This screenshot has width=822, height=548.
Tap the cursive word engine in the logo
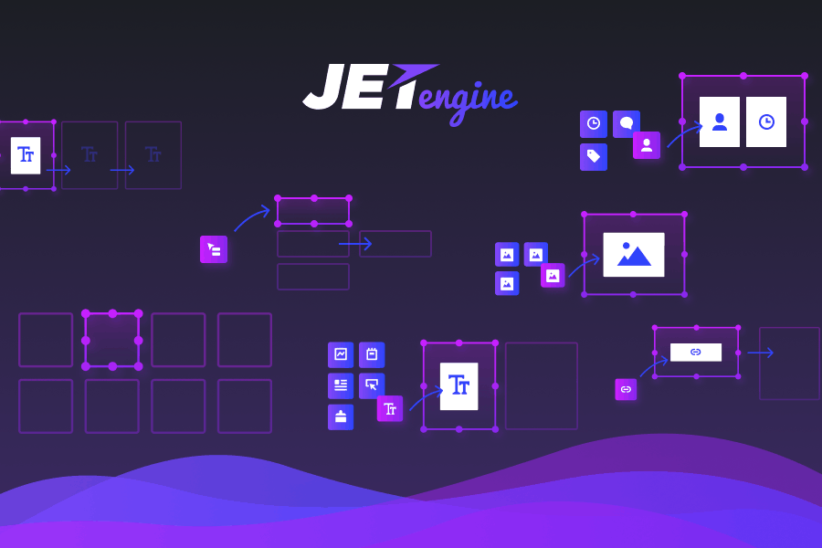pos(469,102)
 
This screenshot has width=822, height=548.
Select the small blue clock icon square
pos(594,124)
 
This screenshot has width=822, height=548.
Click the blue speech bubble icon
pos(626,124)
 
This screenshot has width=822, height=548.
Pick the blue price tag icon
pos(594,157)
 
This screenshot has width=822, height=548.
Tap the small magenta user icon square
pos(647,145)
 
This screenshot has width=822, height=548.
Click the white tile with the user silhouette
pos(720,121)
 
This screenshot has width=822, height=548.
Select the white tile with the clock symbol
pos(766,121)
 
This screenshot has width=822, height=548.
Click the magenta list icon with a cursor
pos(214,249)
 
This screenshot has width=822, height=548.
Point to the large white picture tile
pos(634,254)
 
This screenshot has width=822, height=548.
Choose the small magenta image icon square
pos(553,275)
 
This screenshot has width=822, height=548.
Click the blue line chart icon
pos(341,354)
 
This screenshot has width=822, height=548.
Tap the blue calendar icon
pos(372,354)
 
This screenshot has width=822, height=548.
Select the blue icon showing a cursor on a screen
pos(372,385)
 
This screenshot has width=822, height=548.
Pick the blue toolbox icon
pos(341,416)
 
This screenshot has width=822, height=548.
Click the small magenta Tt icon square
pos(390,408)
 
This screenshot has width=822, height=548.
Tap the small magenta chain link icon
pos(626,389)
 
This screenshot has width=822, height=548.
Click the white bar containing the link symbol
pos(696,352)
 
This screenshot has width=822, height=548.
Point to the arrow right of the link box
pos(760,353)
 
